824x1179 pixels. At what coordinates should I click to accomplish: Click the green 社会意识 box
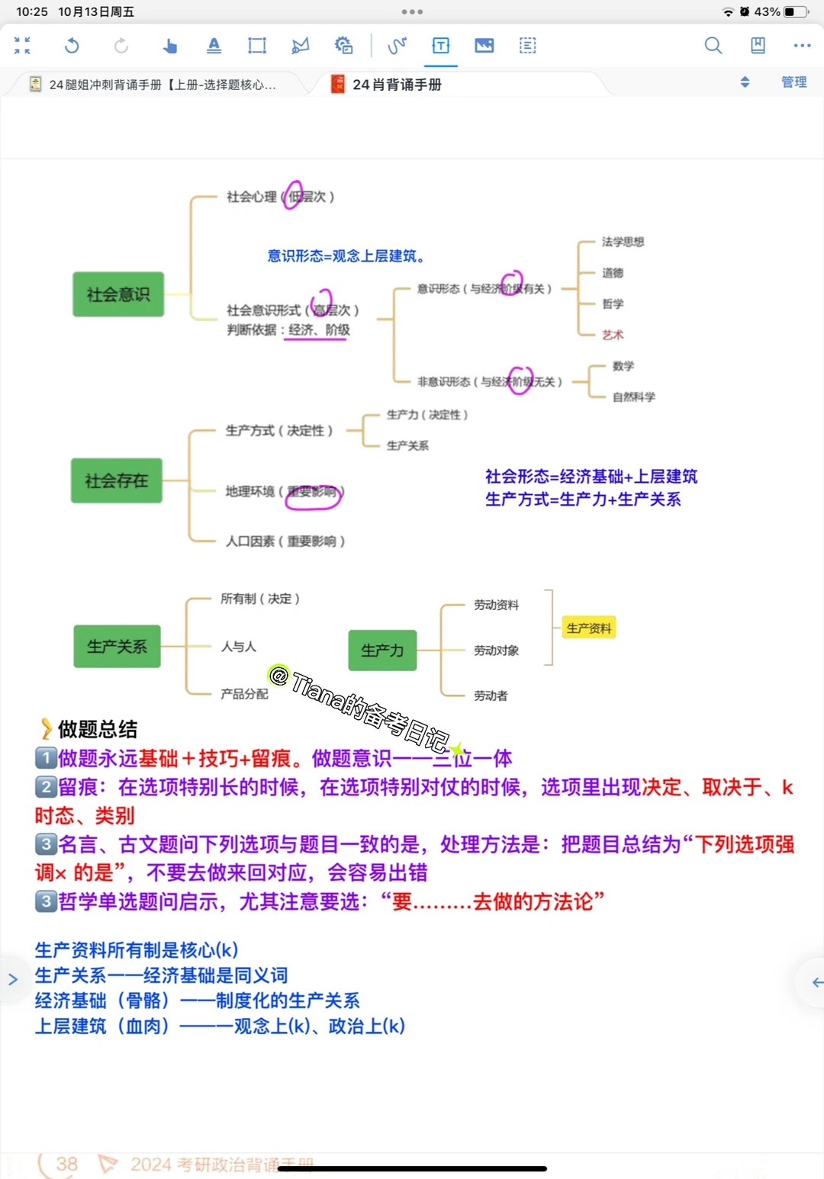(x=118, y=294)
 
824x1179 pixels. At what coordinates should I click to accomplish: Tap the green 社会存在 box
(x=117, y=480)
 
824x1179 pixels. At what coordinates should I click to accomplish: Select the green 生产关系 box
(x=117, y=647)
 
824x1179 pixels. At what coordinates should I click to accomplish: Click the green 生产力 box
(x=382, y=651)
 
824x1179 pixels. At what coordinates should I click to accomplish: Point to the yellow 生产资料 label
(x=588, y=628)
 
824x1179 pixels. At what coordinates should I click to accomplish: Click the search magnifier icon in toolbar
(x=713, y=46)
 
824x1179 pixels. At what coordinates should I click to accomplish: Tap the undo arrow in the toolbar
(x=72, y=46)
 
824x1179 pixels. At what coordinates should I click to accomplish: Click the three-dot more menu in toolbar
(x=802, y=46)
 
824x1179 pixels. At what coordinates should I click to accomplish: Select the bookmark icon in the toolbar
(x=758, y=46)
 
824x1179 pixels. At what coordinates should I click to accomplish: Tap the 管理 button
(x=793, y=82)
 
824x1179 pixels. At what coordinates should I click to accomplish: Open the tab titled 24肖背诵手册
(x=397, y=85)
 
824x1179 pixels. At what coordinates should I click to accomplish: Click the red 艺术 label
(x=613, y=335)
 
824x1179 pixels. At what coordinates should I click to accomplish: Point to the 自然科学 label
(x=633, y=397)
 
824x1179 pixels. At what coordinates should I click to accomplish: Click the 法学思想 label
(x=623, y=242)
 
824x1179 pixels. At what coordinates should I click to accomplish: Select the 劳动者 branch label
(x=490, y=696)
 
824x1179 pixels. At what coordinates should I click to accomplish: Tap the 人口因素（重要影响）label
(x=285, y=541)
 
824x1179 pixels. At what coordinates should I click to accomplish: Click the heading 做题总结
(x=98, y=729)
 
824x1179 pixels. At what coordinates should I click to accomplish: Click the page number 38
(x=66, y=1164)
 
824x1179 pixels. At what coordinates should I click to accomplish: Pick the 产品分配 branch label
(x=244, y=694)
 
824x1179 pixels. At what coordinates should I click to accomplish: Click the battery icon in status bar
(x=795, y=11)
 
